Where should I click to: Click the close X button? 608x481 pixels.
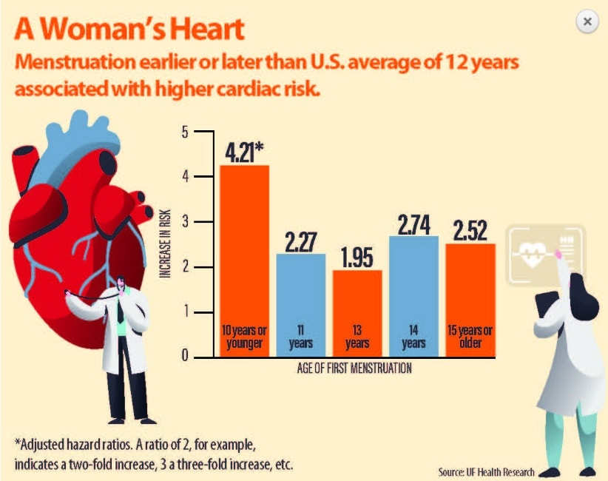587,22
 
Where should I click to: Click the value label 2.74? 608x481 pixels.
413,224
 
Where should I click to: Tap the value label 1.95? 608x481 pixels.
357,258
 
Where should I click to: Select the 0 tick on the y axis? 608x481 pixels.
186,358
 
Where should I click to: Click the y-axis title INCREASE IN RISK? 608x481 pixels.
166,245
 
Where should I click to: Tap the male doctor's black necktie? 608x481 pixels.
120,312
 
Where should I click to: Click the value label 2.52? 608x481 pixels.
470,230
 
